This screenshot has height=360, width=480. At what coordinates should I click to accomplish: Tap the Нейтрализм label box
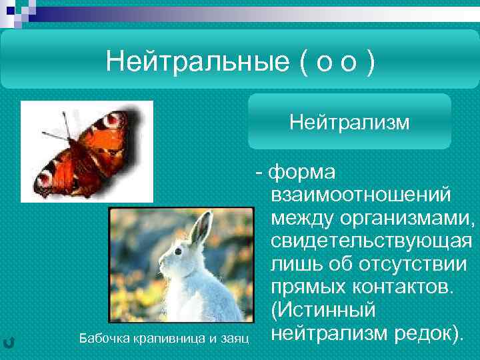coord(349,122)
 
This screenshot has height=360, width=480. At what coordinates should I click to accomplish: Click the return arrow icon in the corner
coord(9,342)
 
